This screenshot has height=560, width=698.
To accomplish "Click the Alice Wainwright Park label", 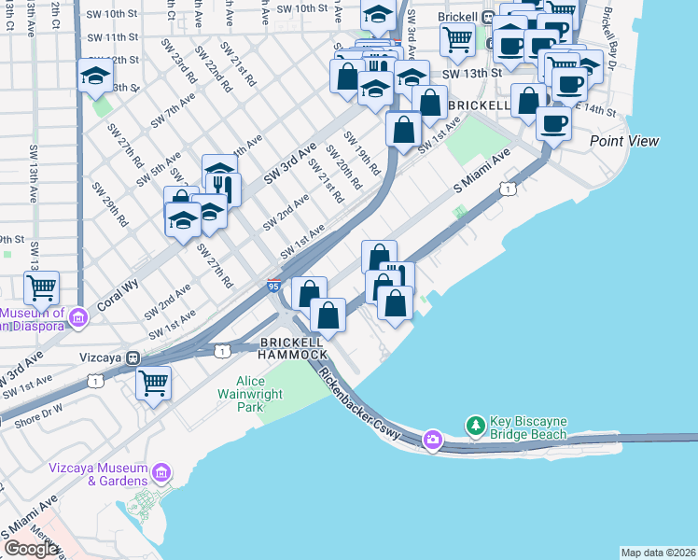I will [x=238, y=394].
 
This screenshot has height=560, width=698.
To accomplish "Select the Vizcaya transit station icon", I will [x=133, y=357].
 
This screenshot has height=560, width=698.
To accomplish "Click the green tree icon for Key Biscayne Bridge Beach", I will [x=476, y=426].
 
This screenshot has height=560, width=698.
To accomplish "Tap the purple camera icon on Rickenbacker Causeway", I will [x=432, y=440].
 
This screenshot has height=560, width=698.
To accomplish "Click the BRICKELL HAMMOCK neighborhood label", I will [x=293, y=348].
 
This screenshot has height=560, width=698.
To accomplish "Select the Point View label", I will [x=623, y=141].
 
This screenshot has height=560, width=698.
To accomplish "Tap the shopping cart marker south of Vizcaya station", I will [x=153, y=383].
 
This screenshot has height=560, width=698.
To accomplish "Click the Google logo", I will [x=31, y=549].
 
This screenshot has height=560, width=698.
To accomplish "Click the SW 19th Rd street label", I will [x=362, y=152].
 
